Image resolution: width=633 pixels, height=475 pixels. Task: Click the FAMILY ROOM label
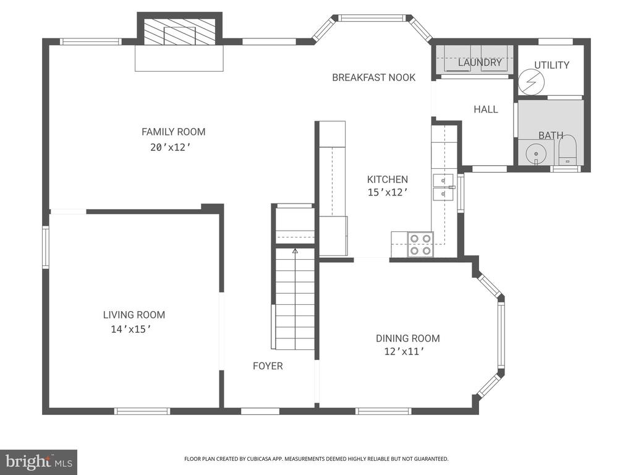[x=173, y=132]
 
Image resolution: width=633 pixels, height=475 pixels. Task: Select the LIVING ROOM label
[x=134, y=315]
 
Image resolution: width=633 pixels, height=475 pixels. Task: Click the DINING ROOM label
[x=407, y=338]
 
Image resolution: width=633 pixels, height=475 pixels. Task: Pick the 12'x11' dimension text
[x=404, y=353]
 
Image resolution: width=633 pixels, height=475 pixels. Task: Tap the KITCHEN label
[x=387, y=179]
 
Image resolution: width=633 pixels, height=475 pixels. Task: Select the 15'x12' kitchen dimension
[x=388, y=192]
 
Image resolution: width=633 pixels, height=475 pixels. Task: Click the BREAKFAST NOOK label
[x=373, y=77]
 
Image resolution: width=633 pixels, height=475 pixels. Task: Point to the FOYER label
[x=268, y=366]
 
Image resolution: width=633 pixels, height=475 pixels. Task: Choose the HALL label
[x=485, y=109]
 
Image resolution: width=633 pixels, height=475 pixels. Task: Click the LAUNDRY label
[x=480, y=62]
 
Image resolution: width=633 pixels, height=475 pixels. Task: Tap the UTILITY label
[x=551, y=65]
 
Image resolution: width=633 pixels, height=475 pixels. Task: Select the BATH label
[x=550, y=135]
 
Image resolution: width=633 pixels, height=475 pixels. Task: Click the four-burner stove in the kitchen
[x=420, y=244]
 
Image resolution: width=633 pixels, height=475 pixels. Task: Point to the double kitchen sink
[x=444, y=187]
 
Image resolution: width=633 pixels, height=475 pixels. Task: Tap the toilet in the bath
[x=567, y=152]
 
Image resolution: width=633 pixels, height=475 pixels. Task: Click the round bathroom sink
[x=533, y=152]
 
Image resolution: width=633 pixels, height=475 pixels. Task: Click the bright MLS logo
[x=38, y=461]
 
